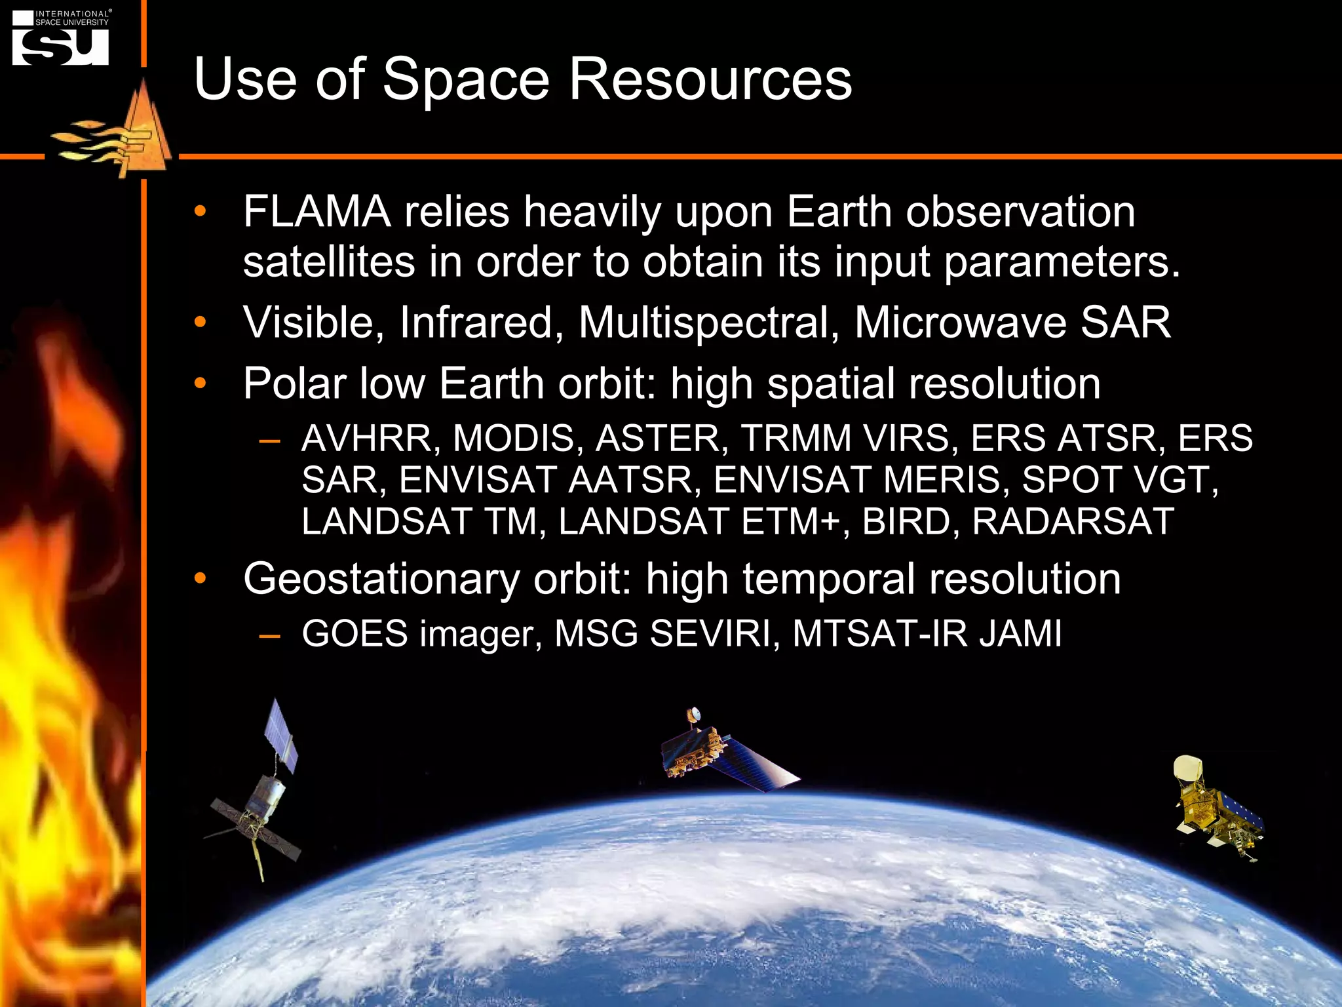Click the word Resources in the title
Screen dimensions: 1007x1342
(x=710, y=79)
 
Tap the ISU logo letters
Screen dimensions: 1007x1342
(x=60, y=47)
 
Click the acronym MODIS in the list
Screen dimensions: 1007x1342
(x=513, y=438)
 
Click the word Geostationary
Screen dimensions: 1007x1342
(x=381, y=579)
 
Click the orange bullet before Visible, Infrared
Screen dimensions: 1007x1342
(x=200, y=322)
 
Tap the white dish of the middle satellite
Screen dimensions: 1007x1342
(x=693, y=714)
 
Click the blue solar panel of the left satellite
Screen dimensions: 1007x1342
(x=280, y=734)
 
